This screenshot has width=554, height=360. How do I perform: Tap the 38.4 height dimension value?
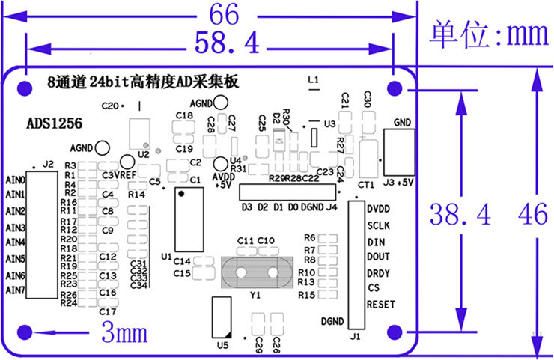coord(460,216)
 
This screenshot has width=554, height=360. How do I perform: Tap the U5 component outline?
coord(220,317)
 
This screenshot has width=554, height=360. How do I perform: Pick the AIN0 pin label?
coord(16,180)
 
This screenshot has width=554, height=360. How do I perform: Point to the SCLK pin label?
coord(378,225)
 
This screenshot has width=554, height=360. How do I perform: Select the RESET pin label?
coord(380,305)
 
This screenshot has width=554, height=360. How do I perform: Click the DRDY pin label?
coord(379,272)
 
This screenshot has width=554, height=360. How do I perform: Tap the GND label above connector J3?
coord(401,122)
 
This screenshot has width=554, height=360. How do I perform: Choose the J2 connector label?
coord(48,164)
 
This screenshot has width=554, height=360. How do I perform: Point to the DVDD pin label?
coord(379,210)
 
